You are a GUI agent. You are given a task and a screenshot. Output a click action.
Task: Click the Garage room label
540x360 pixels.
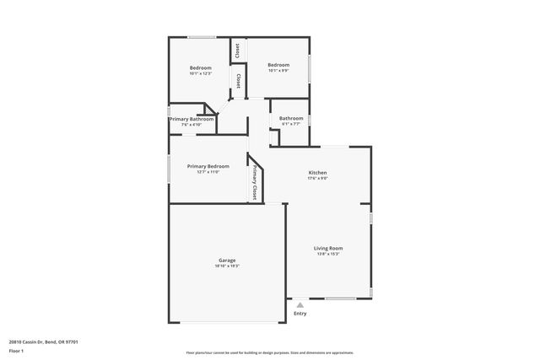(x=227, y=261)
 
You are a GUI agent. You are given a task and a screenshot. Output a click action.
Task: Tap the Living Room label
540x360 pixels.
(x=328, y=248)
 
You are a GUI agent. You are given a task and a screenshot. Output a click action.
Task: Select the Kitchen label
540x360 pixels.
(x=317, y=173)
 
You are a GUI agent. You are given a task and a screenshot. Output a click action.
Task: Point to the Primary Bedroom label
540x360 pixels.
(x=208, y=166)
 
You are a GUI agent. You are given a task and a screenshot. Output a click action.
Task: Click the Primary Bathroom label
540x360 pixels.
(x=192, y=119)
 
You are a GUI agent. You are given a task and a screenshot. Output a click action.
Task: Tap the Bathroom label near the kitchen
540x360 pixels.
(x=291, y=118)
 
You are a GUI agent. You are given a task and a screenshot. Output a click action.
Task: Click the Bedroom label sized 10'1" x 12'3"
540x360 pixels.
(x=200, y=67)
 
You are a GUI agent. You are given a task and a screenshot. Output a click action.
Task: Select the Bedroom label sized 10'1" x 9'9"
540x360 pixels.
(x=278, y=65)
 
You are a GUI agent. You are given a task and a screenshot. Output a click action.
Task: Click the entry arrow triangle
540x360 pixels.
(x=300, y=304)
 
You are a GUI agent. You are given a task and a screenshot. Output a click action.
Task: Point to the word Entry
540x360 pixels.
(x=300, y=314)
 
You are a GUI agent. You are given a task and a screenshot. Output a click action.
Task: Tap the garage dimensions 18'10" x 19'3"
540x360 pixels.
(x=227, y=266)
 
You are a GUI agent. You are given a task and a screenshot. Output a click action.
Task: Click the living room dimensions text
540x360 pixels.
(x=328, y=254)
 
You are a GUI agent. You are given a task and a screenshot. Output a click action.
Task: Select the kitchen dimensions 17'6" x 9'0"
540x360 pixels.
(x=317, y=179)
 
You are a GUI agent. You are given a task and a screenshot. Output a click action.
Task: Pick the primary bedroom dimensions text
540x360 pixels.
(x=208, y=172)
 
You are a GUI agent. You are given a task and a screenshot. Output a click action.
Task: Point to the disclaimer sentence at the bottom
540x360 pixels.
(x=269, y=352)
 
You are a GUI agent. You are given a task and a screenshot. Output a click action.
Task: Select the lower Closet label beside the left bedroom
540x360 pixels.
(x=239, y=82)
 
